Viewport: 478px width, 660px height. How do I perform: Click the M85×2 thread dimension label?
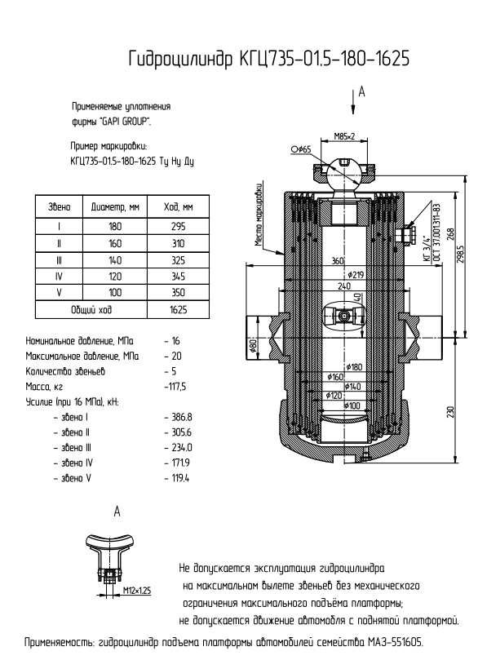pyautogui.click(x=344, y=136)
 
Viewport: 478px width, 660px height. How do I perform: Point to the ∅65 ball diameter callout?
pyautogui.click(x=301, y=149)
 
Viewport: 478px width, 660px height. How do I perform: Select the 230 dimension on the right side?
pyautogui.click(x=450, y=412)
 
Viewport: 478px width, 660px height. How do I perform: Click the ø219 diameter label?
pyautogui.click(x=356, y=275)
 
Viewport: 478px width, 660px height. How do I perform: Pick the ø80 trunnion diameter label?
pyautogui.click(x=254, y=345)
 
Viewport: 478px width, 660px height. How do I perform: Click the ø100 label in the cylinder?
pyautogui.click(x=352, y=405)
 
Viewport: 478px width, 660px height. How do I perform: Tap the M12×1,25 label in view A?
pyautogui.click(x=137, y=591)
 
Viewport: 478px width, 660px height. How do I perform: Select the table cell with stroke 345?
pyautogui.click(x=178, y=277)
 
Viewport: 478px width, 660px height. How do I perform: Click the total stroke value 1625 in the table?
pyautogui.click(x=178, y=310)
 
